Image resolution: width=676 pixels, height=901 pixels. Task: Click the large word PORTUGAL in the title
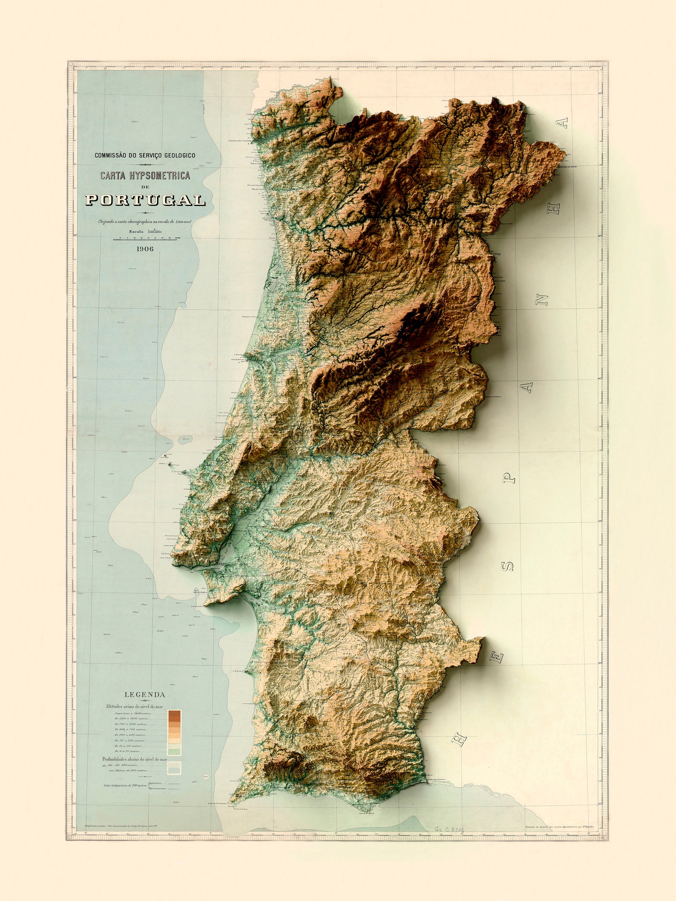[145, 200]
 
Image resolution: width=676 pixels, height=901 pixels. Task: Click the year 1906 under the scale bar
[145, 249]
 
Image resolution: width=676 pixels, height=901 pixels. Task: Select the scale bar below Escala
[145, 240]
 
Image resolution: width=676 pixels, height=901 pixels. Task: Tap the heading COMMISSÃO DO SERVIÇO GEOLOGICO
[145, 156]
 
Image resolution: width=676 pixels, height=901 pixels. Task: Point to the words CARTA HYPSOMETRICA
[145, 175]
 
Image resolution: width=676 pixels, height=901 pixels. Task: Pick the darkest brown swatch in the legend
[175, 714]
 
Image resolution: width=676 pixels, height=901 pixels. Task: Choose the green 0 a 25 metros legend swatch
[175, 751]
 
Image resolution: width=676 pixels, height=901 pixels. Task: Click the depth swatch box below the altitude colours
[175, 767]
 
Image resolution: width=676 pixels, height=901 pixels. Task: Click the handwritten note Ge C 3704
[450, 830]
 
